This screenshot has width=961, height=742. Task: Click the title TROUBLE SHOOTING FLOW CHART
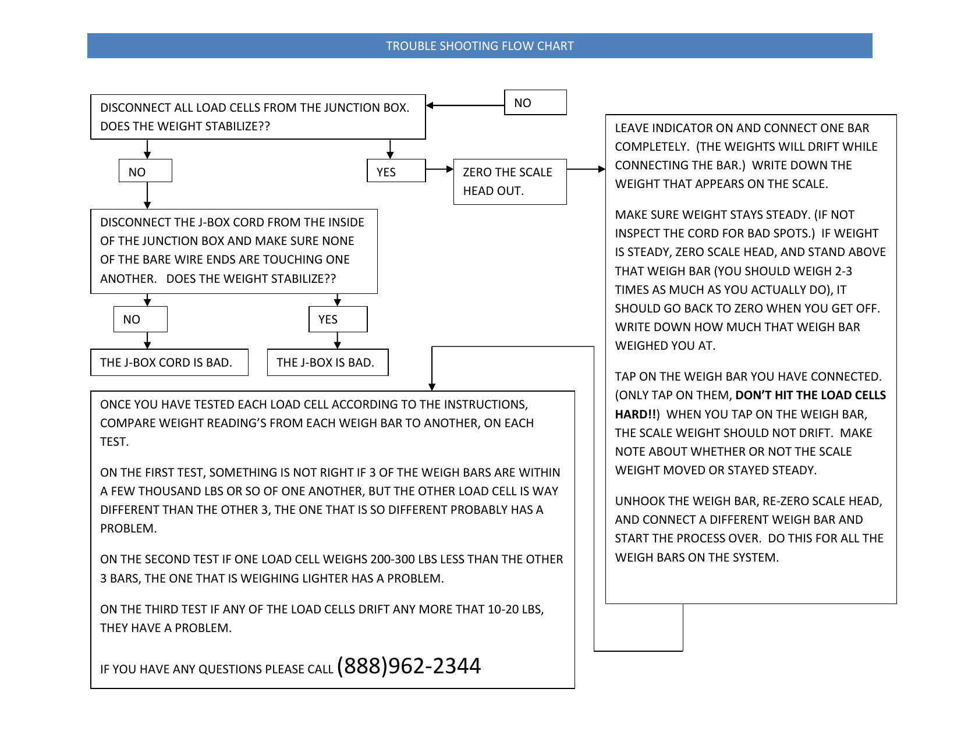tap(480, 46)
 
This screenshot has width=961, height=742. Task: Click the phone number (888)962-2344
tap(409, 666)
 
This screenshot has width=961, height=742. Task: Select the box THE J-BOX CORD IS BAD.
tap(169, 363)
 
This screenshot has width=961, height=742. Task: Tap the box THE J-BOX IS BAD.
tap(327, 363)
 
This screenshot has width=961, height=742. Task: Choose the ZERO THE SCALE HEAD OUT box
tap(509, 182)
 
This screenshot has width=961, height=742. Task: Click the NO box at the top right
tap(535, 103)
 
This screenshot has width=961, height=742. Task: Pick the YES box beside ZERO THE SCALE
tap(396, 172)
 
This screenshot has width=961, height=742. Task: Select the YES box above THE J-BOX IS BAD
tap(338, 319)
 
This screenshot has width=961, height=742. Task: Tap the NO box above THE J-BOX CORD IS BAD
tap(140, 319)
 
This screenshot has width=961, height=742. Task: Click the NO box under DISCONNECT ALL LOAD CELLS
tap(145, 172)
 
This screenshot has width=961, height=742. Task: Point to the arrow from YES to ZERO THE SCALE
tap(439, 169)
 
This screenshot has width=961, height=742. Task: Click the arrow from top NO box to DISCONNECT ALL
tap(466, 105)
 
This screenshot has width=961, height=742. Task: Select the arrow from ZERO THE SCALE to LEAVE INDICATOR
tap(586, 169)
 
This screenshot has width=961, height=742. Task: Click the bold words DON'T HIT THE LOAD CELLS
tap(810, 395)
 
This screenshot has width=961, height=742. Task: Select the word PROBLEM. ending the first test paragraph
tap(129, 528)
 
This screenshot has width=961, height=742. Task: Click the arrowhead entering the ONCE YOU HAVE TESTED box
tap(432, 386)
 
